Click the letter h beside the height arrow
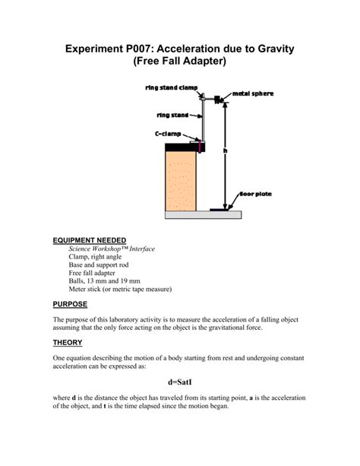coord(225,151)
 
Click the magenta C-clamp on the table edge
coord(200,145)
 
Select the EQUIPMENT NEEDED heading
coord(90,239)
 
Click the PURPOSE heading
coord(74,303)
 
